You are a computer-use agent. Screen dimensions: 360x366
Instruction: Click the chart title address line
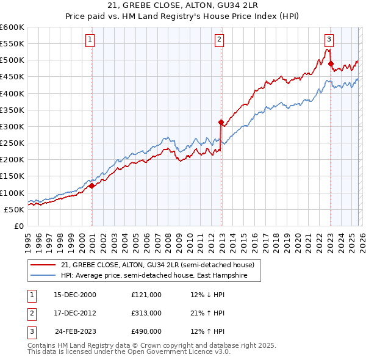tap(182, 5)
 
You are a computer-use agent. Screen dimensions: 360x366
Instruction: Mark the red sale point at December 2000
tap(91, 186)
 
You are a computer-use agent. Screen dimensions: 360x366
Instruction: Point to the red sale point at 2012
tap(220, 122)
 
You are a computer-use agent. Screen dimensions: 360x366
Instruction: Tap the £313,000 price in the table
tap(146, 313)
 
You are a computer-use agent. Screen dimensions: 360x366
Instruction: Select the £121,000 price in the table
tap(146, 295)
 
